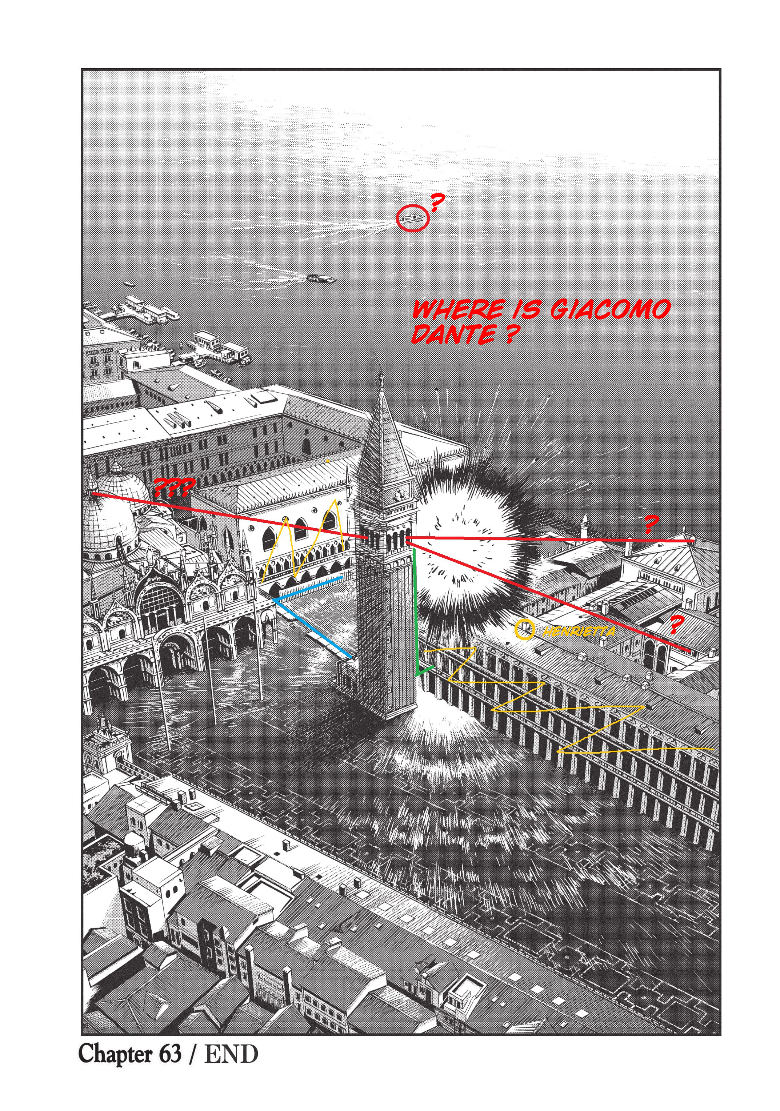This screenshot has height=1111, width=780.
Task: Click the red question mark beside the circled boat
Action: tap(437, 202)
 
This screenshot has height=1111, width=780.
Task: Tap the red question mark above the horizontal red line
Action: tap(651, 524)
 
